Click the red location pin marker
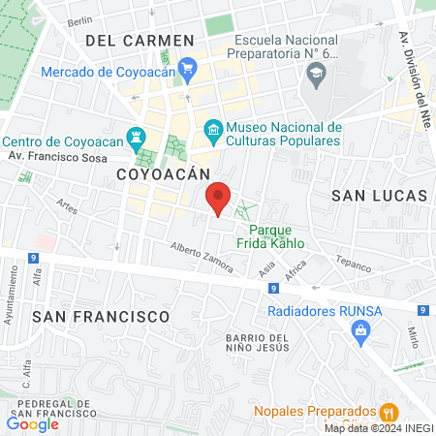pyautogui.click(x=219, y=198)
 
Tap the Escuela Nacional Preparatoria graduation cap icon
pyautogui.click(x=316, y=72)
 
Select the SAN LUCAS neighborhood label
pyautogui.click(x=379, y=195)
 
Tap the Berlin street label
pyautogui.click(x=79, y=20)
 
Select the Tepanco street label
pyautogui.click(x=353, y=262)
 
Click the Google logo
pyautogui.click(x=32, y=423)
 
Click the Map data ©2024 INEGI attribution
pyautogui.click(x=378, y=428)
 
